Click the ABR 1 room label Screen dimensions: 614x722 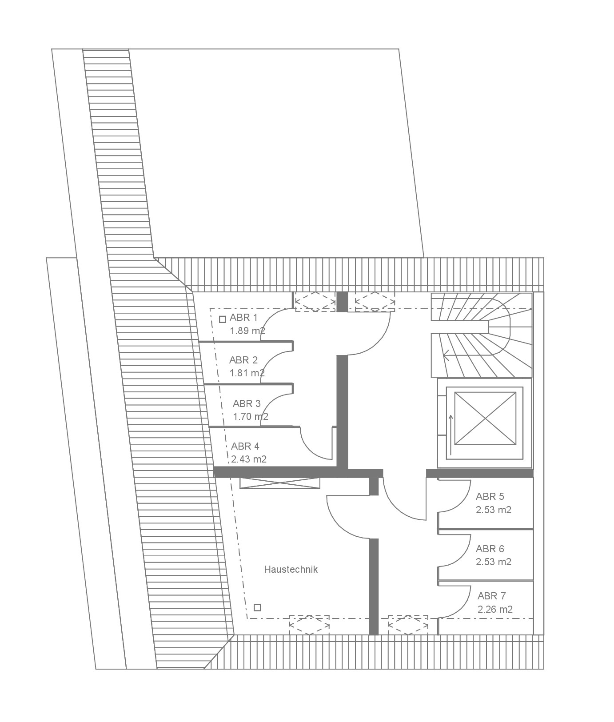[243, 318]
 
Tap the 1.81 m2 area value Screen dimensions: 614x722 [247, 373]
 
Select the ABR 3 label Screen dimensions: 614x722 [247, 403]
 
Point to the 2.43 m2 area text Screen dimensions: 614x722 [249, 459]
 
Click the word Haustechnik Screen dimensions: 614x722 [291, 569]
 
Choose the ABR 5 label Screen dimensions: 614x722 [490, 496]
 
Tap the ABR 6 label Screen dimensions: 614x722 [490, 549]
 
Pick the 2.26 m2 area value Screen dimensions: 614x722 [495, 609]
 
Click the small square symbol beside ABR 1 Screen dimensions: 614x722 [223, 319]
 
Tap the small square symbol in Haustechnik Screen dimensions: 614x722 [257, 607]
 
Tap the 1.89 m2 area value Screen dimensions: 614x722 [247, 331]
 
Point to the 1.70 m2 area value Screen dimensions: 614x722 [251, 417]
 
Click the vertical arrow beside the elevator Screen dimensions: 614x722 [451, 435]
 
